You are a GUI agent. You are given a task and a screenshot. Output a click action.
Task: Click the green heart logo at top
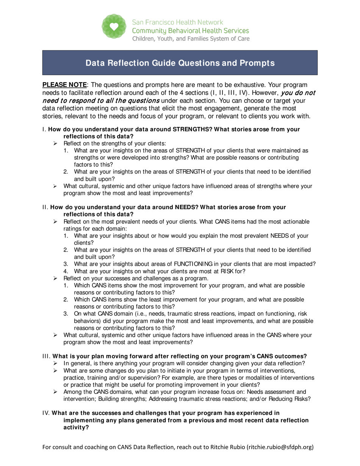click(x=114, y=26)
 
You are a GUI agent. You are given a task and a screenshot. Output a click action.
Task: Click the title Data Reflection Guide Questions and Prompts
click(x=180, y=63)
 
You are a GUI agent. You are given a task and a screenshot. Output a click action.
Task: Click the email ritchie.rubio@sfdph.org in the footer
click(x=280, y=447)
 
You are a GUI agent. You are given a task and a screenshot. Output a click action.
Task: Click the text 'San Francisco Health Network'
click(x=177, y=22)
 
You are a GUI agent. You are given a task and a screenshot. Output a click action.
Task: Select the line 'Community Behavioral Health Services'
click(x=190, y=31)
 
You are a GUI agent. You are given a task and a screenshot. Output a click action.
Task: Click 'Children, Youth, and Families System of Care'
click(x=191, y=39)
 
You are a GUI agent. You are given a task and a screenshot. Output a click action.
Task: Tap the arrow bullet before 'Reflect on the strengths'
click(x=55, y=143)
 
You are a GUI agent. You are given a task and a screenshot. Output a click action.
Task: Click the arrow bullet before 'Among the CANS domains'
click(x=55, y=392)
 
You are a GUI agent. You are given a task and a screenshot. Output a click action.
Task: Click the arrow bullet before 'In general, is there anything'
click(x=55, y=363)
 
